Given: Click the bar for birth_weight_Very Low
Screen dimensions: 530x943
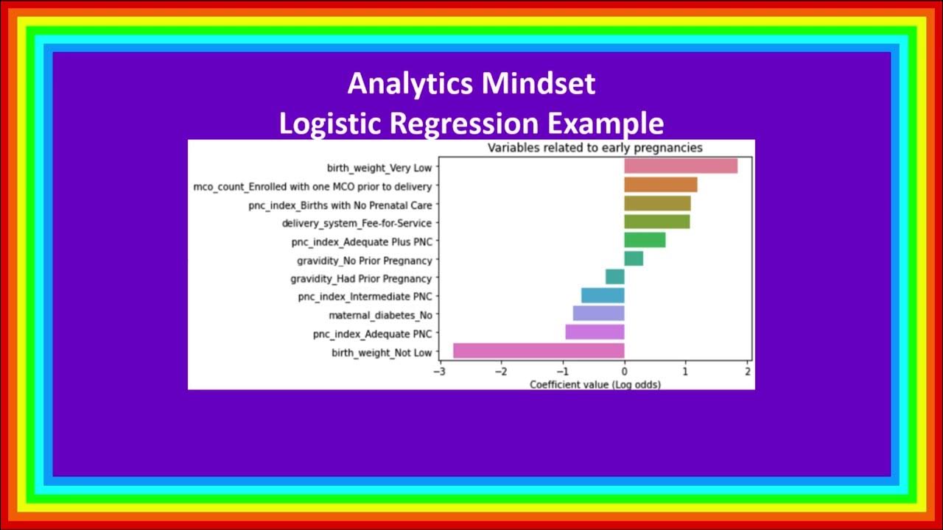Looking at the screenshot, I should coord(681,166).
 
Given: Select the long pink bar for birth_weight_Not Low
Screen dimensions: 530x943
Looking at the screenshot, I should coord(539,351).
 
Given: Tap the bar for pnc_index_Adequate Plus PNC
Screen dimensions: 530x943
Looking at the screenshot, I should coord(645,240).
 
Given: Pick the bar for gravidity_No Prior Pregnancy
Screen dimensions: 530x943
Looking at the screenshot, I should coord(634,258).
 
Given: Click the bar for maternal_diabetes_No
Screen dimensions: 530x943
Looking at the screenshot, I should coord(598,314).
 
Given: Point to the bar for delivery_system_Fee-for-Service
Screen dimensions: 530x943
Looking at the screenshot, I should coord(657,222).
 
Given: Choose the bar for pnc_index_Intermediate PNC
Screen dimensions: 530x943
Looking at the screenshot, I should coord(603,295).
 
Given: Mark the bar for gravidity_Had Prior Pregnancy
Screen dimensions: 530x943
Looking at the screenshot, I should coord(615,277).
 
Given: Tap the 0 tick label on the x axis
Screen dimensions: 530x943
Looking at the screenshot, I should coord(625,372).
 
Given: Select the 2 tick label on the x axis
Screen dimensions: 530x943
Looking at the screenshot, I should coord(748,372).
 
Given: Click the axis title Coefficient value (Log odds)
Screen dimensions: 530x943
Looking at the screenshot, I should coord(595,384).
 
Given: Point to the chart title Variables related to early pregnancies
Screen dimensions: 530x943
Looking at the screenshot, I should coord(595,148).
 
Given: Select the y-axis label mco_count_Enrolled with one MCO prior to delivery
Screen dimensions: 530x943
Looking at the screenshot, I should coord(312,187).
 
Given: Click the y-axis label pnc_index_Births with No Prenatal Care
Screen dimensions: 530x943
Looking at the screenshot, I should coord(340,205).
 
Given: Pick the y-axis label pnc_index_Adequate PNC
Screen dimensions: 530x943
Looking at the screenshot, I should coord(372,334).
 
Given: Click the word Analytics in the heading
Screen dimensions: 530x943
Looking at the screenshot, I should coord(410,84).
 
